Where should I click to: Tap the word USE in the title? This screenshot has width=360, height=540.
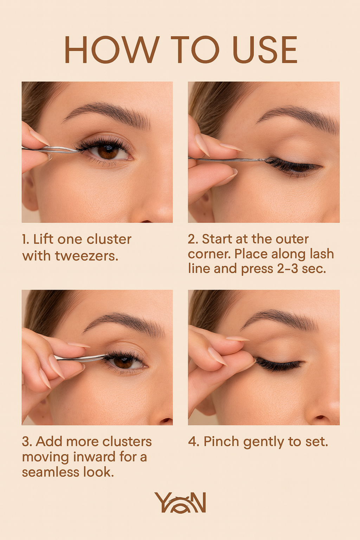(x=264, y=50)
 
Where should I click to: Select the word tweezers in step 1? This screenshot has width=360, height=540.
(x=86, y=256)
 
